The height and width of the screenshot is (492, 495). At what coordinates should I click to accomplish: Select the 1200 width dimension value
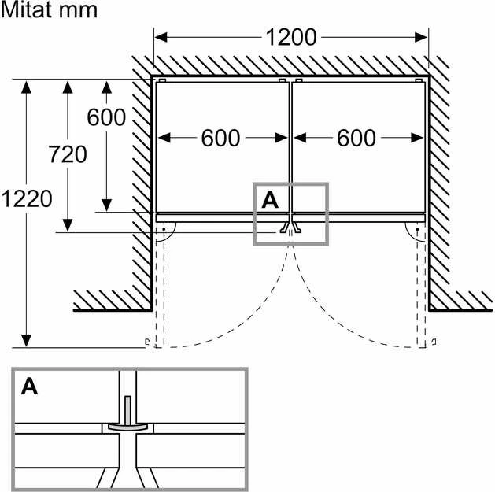point(291,37)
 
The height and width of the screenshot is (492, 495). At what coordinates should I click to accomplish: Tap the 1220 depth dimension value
point(27,198)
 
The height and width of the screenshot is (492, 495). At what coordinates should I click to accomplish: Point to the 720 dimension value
point(68,154)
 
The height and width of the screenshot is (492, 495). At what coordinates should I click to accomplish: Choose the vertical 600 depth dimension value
point(106,117)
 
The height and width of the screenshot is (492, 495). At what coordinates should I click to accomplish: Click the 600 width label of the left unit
point(220,138)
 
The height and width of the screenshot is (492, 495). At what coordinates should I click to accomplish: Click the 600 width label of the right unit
point(356,138)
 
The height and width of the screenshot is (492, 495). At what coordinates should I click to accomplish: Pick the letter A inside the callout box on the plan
point(270,200)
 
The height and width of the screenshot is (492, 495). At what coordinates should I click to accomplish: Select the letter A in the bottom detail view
point(29,387)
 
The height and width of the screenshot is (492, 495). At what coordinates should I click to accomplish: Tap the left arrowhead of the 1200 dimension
point(161,37)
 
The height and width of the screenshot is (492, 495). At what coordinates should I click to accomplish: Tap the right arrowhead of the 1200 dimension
point(421,37)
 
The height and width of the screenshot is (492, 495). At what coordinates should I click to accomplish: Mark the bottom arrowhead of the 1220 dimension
point(26,341)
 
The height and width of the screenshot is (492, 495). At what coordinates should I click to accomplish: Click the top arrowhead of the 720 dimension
point(68,87)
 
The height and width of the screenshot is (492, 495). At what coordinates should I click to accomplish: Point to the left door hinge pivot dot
point(164,229)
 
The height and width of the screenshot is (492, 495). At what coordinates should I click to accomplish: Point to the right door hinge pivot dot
point(417,229)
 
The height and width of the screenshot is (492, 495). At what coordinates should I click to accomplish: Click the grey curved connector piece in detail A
point(127,427)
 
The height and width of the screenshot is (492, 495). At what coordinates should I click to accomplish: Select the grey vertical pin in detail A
point(127,411)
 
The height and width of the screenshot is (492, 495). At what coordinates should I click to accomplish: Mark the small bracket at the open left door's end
point(147,342)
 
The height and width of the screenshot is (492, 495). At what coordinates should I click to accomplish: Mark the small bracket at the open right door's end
point(434,342)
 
